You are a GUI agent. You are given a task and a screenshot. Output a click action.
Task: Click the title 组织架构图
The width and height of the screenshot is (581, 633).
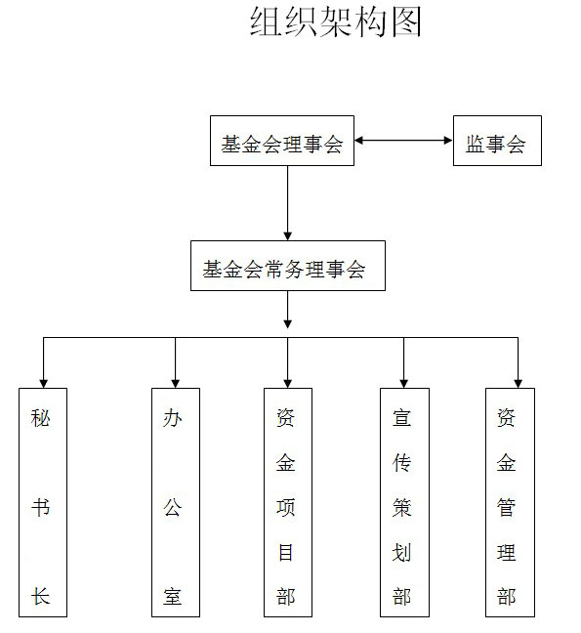click(336, 21)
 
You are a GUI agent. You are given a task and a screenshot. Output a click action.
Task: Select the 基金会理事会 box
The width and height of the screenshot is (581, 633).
click(282, 141)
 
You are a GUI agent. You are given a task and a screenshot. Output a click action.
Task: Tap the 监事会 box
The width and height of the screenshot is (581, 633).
click(497, 141)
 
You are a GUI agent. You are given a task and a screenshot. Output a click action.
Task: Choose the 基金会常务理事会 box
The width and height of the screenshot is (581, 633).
click(288, 266)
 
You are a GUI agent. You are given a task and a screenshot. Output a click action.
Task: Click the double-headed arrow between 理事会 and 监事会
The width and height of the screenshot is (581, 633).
click(403, 141)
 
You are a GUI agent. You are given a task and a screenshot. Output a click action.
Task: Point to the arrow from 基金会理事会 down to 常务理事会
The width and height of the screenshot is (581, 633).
click(288, 203)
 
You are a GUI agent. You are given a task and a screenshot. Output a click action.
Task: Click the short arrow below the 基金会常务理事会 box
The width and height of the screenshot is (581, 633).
click(288, 310)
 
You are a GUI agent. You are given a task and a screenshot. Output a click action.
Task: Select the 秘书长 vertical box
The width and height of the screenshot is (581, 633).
click(43, 502)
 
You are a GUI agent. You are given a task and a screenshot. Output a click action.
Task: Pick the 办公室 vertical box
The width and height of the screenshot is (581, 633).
click(176, 502)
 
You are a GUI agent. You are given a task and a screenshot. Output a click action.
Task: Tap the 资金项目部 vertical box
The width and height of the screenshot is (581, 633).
click(288, 502)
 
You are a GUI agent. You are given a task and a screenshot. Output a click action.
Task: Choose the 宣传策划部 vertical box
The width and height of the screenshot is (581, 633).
click(404, 502)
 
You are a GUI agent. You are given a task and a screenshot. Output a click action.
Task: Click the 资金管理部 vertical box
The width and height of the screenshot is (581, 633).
click(510, 502)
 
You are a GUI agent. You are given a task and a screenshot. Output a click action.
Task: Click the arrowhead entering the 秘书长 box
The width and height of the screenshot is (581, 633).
click(44, 384)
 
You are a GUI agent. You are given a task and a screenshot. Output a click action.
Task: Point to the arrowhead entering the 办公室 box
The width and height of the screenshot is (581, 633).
click(176, 384)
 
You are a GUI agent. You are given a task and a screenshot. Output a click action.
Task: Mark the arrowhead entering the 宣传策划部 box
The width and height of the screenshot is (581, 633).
click(404, 384)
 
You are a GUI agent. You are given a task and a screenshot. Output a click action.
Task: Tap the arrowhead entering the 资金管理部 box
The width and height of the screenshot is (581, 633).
click(519, 384)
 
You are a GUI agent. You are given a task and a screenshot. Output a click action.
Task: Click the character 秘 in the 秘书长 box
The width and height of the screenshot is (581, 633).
click(40, 417)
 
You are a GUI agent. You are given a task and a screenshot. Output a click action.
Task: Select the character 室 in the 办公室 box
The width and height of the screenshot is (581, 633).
click(173, 596)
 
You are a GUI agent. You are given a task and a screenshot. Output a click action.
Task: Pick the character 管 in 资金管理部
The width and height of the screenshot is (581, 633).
click(507, 507)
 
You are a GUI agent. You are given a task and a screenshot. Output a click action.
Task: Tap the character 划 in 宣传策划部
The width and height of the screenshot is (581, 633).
click(401, 552)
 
